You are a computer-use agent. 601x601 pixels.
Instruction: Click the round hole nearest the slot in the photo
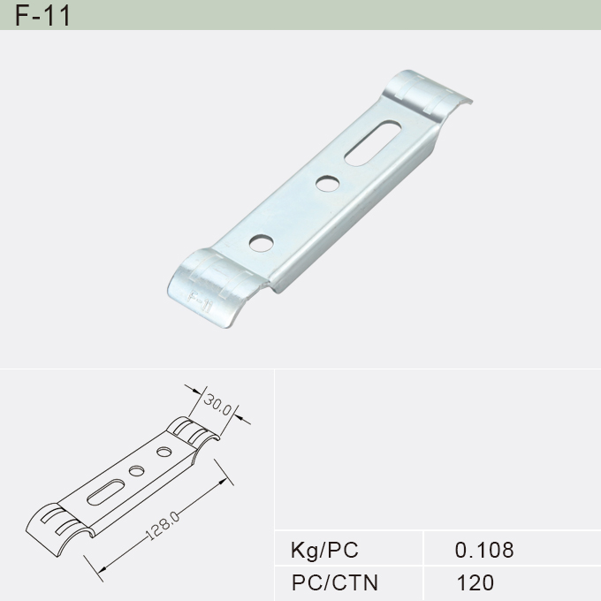pyautogui.click(x=326, y=184)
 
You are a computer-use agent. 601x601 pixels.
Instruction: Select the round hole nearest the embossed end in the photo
pyautogui.click(x=261, y=240)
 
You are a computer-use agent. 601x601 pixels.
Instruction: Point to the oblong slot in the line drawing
pyautogui.click(x=105, y=493)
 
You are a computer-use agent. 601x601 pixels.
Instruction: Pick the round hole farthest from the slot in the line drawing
pyautogui.click(x=164, y=452)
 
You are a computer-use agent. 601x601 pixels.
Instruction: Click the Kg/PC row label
pyautogui.click(x=324, y=551)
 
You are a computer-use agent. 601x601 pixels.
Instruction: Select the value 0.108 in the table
pyautogui.click(x=483, y=551)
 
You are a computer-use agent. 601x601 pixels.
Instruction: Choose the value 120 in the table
pyautogui.click(x=475, y=582)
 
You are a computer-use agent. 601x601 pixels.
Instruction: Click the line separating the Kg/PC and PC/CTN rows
pyautogui.click(x=438, y=567)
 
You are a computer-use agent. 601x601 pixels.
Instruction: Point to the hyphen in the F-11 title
pyautogui.click(x=41, y=16)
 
